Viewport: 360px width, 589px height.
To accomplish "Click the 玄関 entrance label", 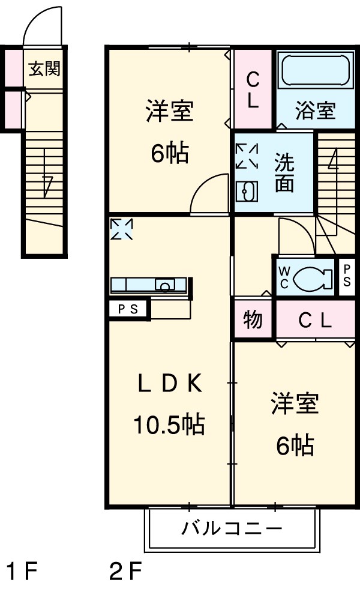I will pyautogui.click(x=44, y=69).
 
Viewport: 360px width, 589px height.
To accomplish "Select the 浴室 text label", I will pyautogui.click(x=314, y=111).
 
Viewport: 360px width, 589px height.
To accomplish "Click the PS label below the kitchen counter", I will pyautogui.click(x=128, y=310).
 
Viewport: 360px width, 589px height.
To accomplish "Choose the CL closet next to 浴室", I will pyautogui.click(x=253, y=90).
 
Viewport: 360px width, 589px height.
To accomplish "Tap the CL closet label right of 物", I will pyautogui.click(x=315, y=321).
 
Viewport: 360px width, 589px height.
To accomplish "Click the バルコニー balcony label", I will pyautogui.click(x=232, y=529).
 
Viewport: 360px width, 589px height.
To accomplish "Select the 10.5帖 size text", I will pyautogui.click(x=169, y=424).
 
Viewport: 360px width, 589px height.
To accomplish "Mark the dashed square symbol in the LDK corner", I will pyautogui.click(x=122, y=229).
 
